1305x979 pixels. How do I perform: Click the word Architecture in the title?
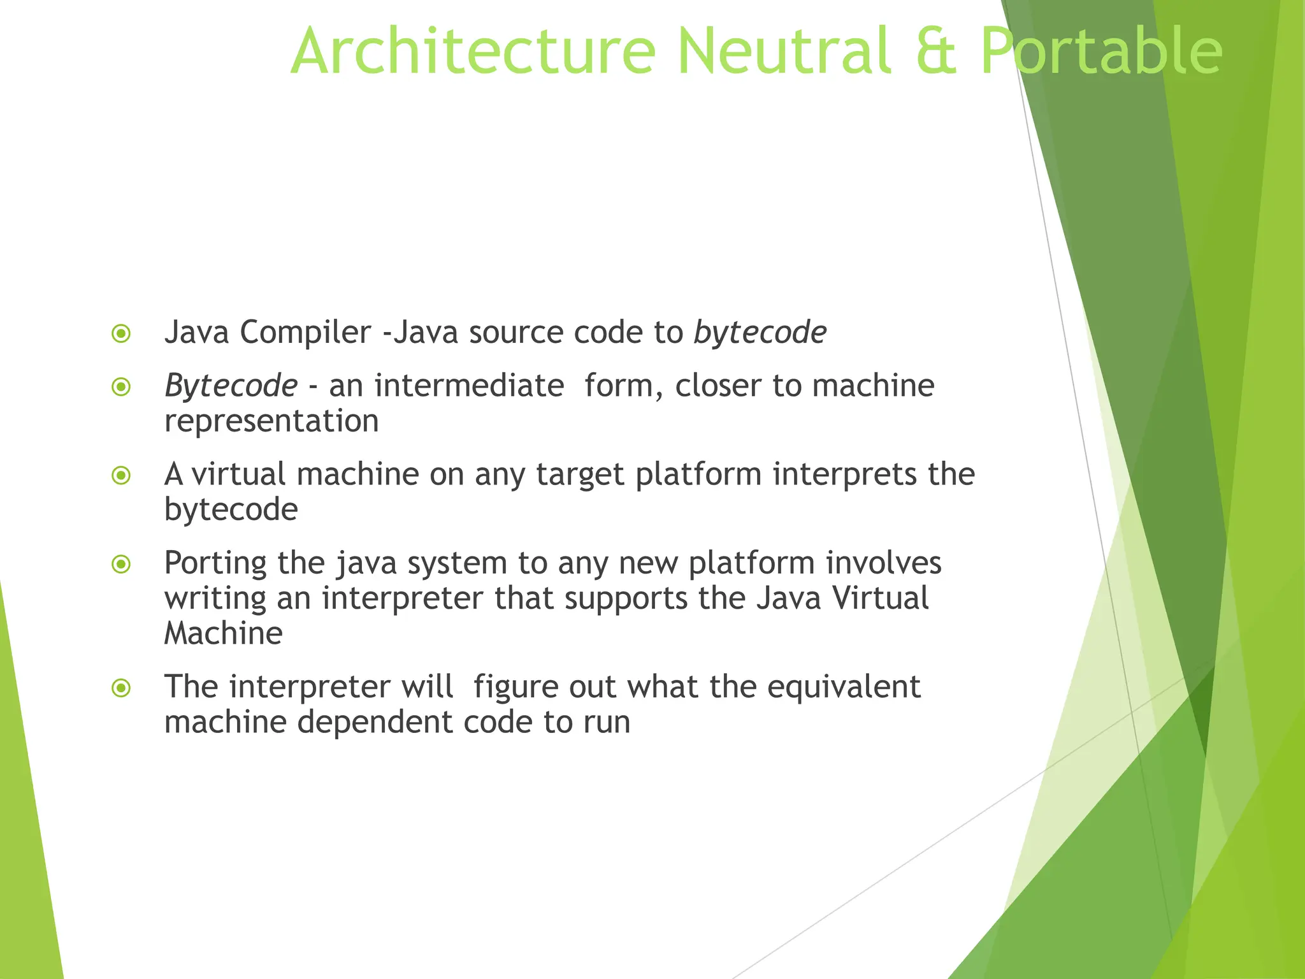tap(473, 51)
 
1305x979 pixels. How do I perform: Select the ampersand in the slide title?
tap(935, 52)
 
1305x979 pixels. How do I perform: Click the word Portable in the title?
tap(1101, 51)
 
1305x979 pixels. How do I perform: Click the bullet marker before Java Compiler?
tap(121, 333)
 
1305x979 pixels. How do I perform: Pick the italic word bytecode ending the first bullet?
tap(760, 332)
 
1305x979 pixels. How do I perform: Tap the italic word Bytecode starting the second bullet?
tap(231, 386)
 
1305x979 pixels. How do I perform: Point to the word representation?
tap(271, 421)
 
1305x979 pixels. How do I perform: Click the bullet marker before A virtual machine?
tap(121, 475)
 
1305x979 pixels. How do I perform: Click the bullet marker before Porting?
tap(121, 564)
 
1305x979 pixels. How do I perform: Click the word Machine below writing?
tap(223, 634)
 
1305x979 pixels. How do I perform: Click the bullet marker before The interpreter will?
tap(121, 688)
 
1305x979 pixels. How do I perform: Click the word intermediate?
tap(469, 386)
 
